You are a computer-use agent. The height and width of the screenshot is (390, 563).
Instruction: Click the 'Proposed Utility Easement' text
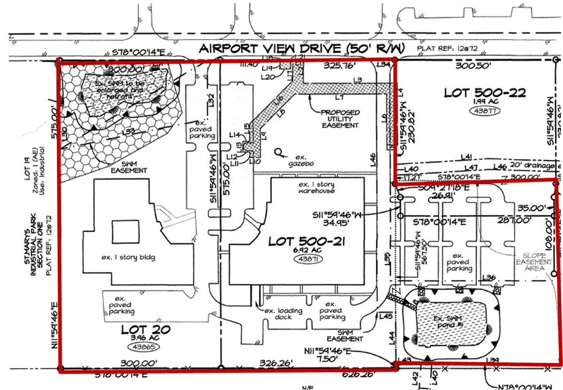[341, 119]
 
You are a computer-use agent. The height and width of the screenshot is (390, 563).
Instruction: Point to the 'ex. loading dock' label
[284, 314]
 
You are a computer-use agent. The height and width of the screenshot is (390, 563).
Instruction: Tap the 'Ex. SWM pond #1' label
[452, 324]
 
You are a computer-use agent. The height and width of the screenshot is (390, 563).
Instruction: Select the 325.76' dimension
[338, 66]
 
